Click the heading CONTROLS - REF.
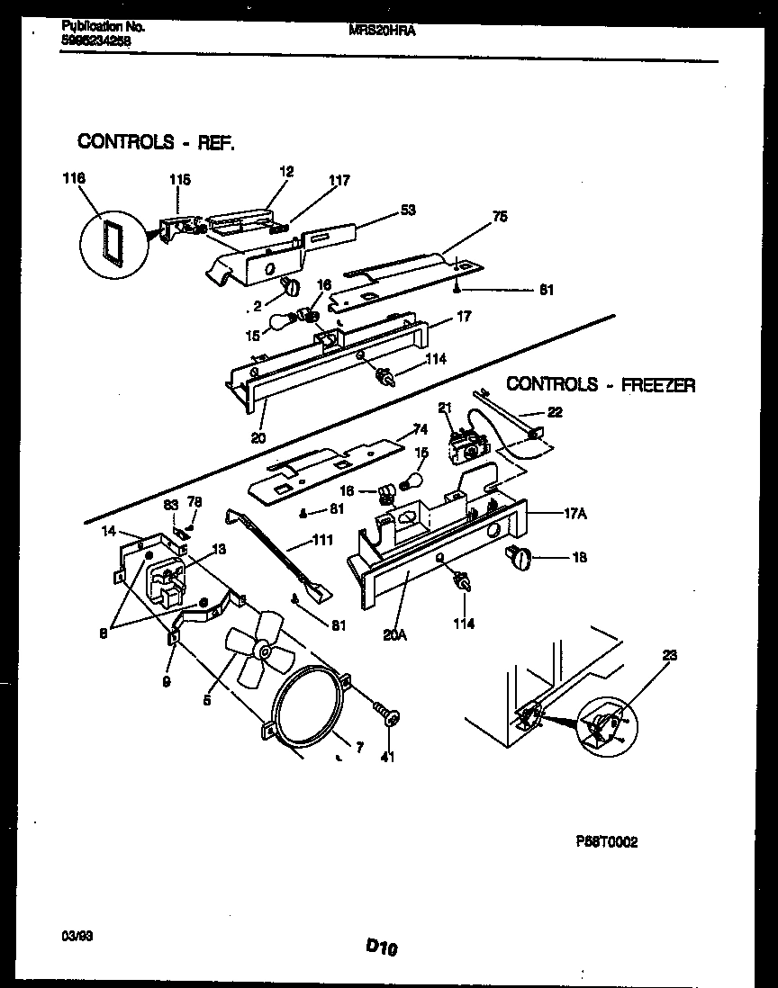(x=156, y=141)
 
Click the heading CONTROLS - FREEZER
(x=601, y=384)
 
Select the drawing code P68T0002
(x=607, y=842)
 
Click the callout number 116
(x=75, y=179)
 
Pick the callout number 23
(x=668, y=656)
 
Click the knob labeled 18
(x=520, y=558)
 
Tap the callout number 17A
(x=574, y=515)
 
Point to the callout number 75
(x=500, y=215)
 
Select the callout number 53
(x=408, y=210)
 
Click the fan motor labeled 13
(x=165, y=578)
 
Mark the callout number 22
(x=554, y=412)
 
